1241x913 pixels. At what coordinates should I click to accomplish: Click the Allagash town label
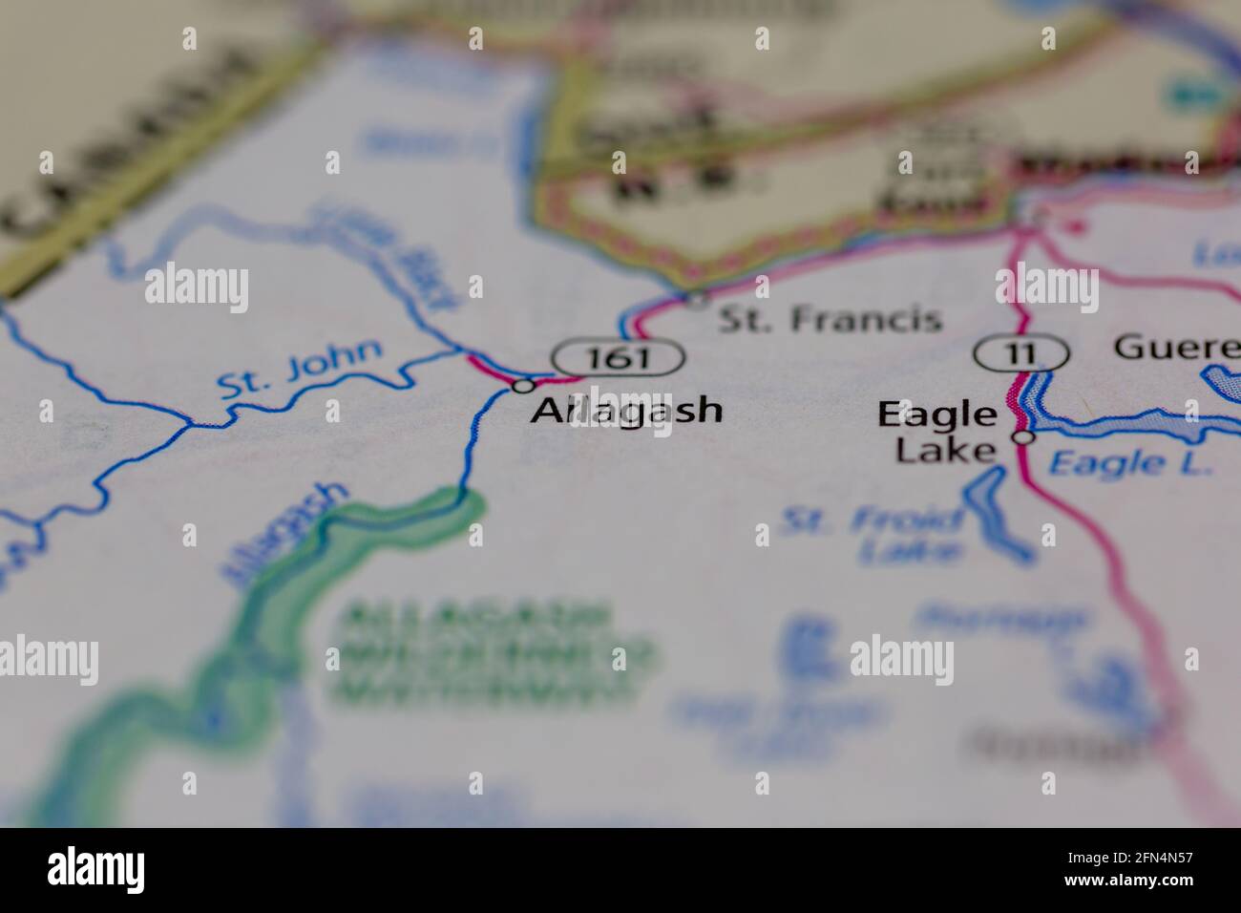pyautogui.click(x=627, y=411)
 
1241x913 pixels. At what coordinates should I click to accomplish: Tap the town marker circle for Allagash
pyautogui.click(x=523, y=386)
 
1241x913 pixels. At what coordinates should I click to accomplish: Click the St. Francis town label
pyautogui.click(x=829, y=319)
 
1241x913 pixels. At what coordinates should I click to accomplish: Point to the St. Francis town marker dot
pyautogui.click(x=698, y=301)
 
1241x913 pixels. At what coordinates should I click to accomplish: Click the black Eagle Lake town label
pyautogui.click(x=938, y=431)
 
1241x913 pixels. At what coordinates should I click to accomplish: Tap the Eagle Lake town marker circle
pyautogui.click(x=1023, y=437)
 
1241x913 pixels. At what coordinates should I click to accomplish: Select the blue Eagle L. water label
pyautogui.click(x=1128, y=463)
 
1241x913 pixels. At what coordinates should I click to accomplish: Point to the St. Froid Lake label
pyautogui.click(x=873, y=536)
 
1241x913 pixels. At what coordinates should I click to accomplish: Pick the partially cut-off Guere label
pyautogui.click(x=1176, y=347)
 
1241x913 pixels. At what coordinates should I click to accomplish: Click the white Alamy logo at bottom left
pyautogui.click(x=95, y=870)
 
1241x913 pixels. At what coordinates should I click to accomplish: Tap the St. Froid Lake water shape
pyautogui.click(x=995, y=517)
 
